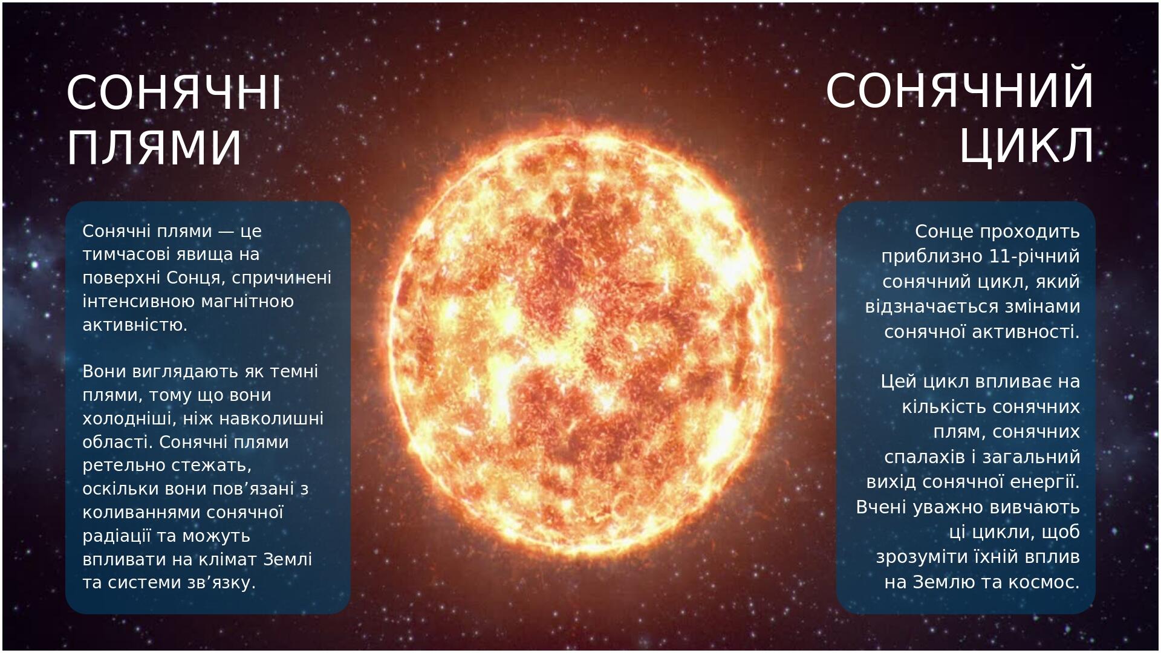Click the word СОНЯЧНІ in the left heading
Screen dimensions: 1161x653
pyautogui.click(x=174, y=93)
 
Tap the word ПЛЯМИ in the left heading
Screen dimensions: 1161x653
pyautogui.click(x=154, y=148)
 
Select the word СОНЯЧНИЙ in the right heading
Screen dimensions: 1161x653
pyautogui.click(x=960, y=91)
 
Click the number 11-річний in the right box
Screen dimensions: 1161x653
pyautogui.click(x=1035, y=256)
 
